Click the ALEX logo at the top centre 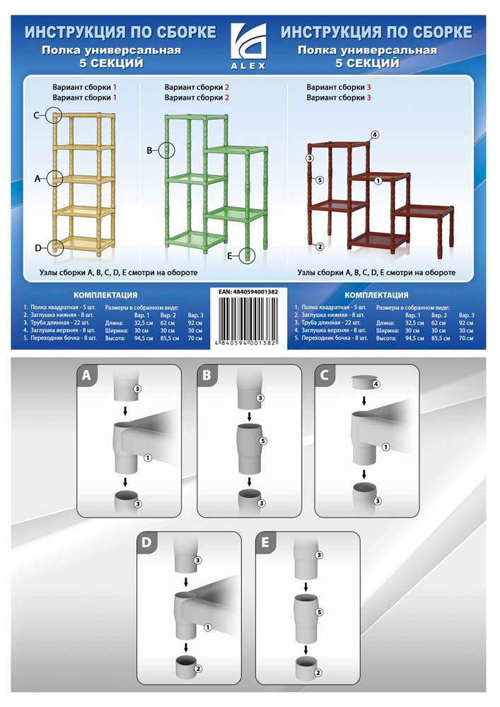pyautogui.click(x=248, y=47)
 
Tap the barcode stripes pyautogui.click(x=248, y=317)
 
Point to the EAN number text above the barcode pyautogui.click(x=248, y=292)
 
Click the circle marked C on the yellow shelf pyautogui.click(x=54, y=115)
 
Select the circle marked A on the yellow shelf pyautogui.click(x=54, y=179)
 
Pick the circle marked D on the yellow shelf pyautogui.click(x=54, y=247)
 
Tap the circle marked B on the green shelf pyautogui.click(x=166, y=150)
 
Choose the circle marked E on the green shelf pyautogui.click(x=247, y=256)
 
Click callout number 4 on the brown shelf pyautogui.click(x=375, y=134)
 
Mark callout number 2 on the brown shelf pyautogui.click(x=320, y=247)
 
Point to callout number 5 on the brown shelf pyautogui.click(x=320, y=180)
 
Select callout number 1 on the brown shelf pyautogui.click(x=378, y=180)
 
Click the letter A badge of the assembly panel pyautogui.click(x=86, y=375)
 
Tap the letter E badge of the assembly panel pyautogui.click(x=265, y=542)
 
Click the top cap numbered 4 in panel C pyautogui.click(x=364, y=382)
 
